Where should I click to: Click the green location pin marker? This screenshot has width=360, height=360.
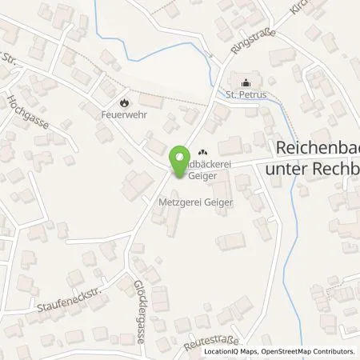(x=179, y=157)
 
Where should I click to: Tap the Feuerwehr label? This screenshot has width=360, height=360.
(x=124, y=114)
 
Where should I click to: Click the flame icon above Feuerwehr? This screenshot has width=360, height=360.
(x=124, y=102)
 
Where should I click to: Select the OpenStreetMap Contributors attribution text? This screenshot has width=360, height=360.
(x=312, y=351)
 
